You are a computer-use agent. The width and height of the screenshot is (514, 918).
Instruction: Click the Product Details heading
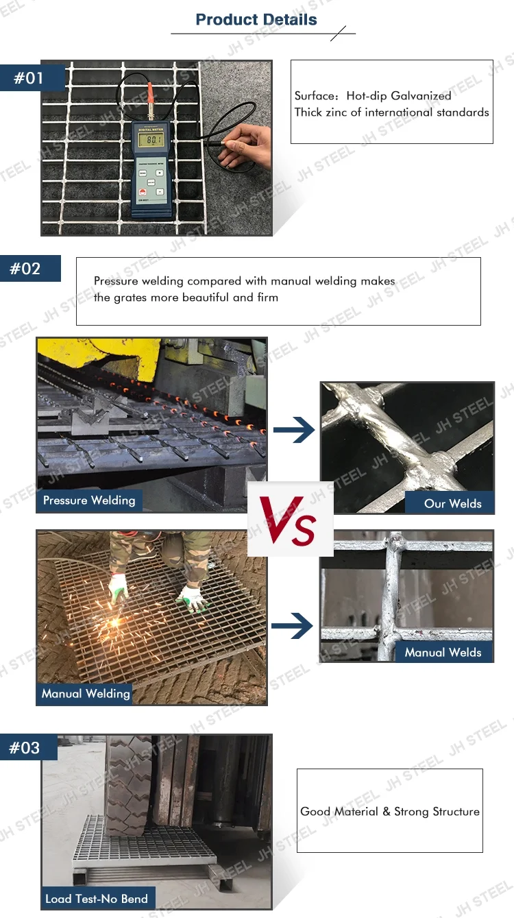click(256, 19)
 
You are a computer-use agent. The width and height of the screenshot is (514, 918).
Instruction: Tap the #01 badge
click(30, 77)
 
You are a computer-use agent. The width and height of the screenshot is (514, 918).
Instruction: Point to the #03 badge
click(25, 747)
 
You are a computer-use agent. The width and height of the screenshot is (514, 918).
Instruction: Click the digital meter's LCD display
click(151, 140)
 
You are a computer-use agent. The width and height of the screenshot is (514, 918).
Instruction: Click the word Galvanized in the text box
click(421, 96)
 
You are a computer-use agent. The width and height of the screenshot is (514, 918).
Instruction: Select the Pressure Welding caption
click(89, 500)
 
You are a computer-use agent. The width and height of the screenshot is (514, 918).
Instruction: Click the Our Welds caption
click(452, 503)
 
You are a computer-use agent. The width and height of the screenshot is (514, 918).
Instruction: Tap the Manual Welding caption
click(86, 694)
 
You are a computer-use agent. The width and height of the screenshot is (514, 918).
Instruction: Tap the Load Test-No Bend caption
click(96, 898)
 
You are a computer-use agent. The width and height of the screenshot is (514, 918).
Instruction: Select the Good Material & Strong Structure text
click(389, 812)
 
